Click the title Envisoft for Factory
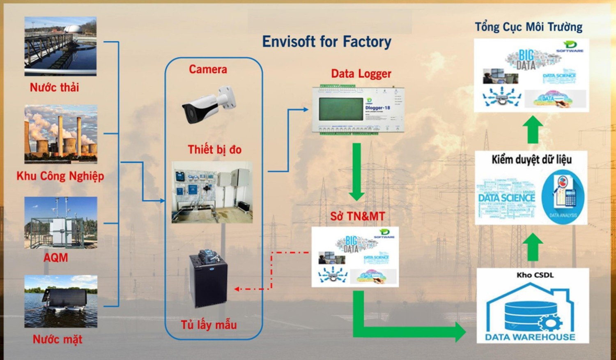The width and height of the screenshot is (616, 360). [326, 42]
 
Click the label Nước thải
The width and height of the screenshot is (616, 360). [54, 87]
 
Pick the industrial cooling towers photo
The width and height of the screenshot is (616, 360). [61, 134]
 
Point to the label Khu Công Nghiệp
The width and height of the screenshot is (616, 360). [60, 176]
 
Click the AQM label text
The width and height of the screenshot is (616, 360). [56, 258]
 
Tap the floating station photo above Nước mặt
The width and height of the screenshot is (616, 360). [61, 301]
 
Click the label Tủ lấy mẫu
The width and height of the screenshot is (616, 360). [209, 325]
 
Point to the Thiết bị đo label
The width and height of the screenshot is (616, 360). [214, 150]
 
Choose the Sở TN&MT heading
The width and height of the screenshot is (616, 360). [358, 216]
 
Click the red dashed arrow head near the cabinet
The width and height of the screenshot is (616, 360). [237, 289]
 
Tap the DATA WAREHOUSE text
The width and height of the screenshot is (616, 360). [530, 337]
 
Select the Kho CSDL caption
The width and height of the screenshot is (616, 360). [535, 275]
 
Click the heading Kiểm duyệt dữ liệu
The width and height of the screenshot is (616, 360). [531, 159]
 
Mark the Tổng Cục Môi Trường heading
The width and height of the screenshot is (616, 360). [529, 27]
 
